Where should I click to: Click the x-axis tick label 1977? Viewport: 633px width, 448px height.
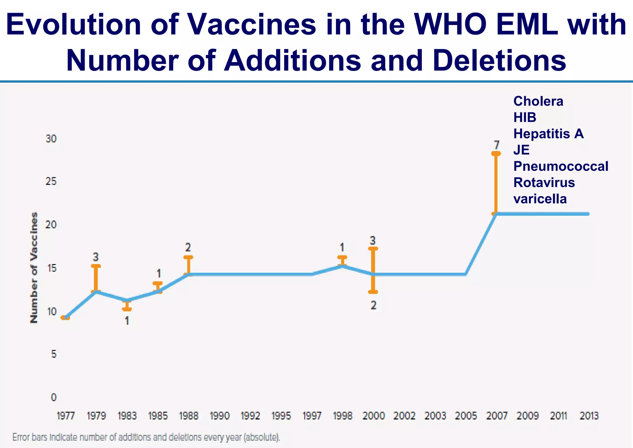(66, 415)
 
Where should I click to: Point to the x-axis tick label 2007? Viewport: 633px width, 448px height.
(497, 415)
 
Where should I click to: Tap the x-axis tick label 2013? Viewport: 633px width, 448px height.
(589, 415)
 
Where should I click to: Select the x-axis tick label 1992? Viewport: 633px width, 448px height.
(250, 415)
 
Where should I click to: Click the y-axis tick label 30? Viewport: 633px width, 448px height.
(51, 139)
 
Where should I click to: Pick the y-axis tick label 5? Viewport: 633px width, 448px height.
(54, 354)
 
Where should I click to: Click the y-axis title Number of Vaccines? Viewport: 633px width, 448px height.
(34, 267)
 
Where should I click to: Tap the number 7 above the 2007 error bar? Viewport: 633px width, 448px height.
(496, 145)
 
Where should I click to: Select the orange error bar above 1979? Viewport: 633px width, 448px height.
(96, 278)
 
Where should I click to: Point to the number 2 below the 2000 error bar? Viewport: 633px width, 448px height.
(373, 305)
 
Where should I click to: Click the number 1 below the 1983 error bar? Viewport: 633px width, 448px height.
(127, 321)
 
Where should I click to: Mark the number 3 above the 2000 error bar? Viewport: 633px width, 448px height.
(373, 240)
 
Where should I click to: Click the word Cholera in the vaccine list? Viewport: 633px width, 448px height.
(538, 101)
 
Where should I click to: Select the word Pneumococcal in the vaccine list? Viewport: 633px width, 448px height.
(561, 166)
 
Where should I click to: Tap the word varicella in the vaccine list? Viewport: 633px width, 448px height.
(540, 199)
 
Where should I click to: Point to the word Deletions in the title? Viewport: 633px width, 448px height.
(499, 60)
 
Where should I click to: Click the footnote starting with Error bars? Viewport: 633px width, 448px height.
(146, 437)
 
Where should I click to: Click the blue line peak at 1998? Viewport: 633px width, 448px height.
(342, 266)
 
